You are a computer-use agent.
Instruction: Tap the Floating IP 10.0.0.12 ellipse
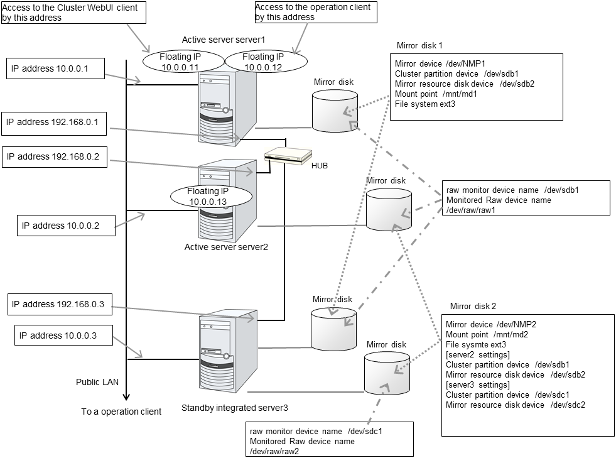264,62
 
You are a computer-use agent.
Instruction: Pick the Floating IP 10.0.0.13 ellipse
211,195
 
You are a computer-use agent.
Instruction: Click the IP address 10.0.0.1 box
56,69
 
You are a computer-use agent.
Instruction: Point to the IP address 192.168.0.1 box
55,122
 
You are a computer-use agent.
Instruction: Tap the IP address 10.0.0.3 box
63,335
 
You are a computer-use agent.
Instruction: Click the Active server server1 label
224,40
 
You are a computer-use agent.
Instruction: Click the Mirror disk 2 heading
473,306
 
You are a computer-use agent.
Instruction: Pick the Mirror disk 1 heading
419,46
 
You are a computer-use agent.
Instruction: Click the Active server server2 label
226,247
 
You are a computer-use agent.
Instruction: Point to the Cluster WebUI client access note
73,13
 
